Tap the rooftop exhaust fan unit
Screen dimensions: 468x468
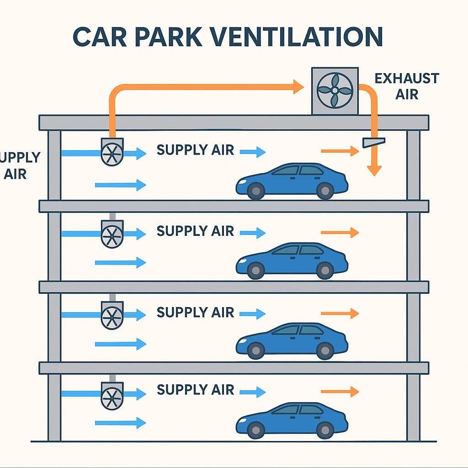pos(335,90)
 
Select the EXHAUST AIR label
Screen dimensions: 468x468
pos(406,86)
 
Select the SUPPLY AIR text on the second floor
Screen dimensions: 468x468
pos(195,231)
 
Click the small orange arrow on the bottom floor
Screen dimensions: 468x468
pos(340,391)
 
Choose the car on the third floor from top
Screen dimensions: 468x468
pos(292,340)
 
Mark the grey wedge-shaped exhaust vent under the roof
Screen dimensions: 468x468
pos(373,142)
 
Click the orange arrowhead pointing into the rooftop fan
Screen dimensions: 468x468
pos(298,86)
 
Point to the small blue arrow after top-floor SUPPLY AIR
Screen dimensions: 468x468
pos(253,152)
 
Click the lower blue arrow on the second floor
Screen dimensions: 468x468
pos(120,262)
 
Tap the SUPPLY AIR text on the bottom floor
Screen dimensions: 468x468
pos(195,390)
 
